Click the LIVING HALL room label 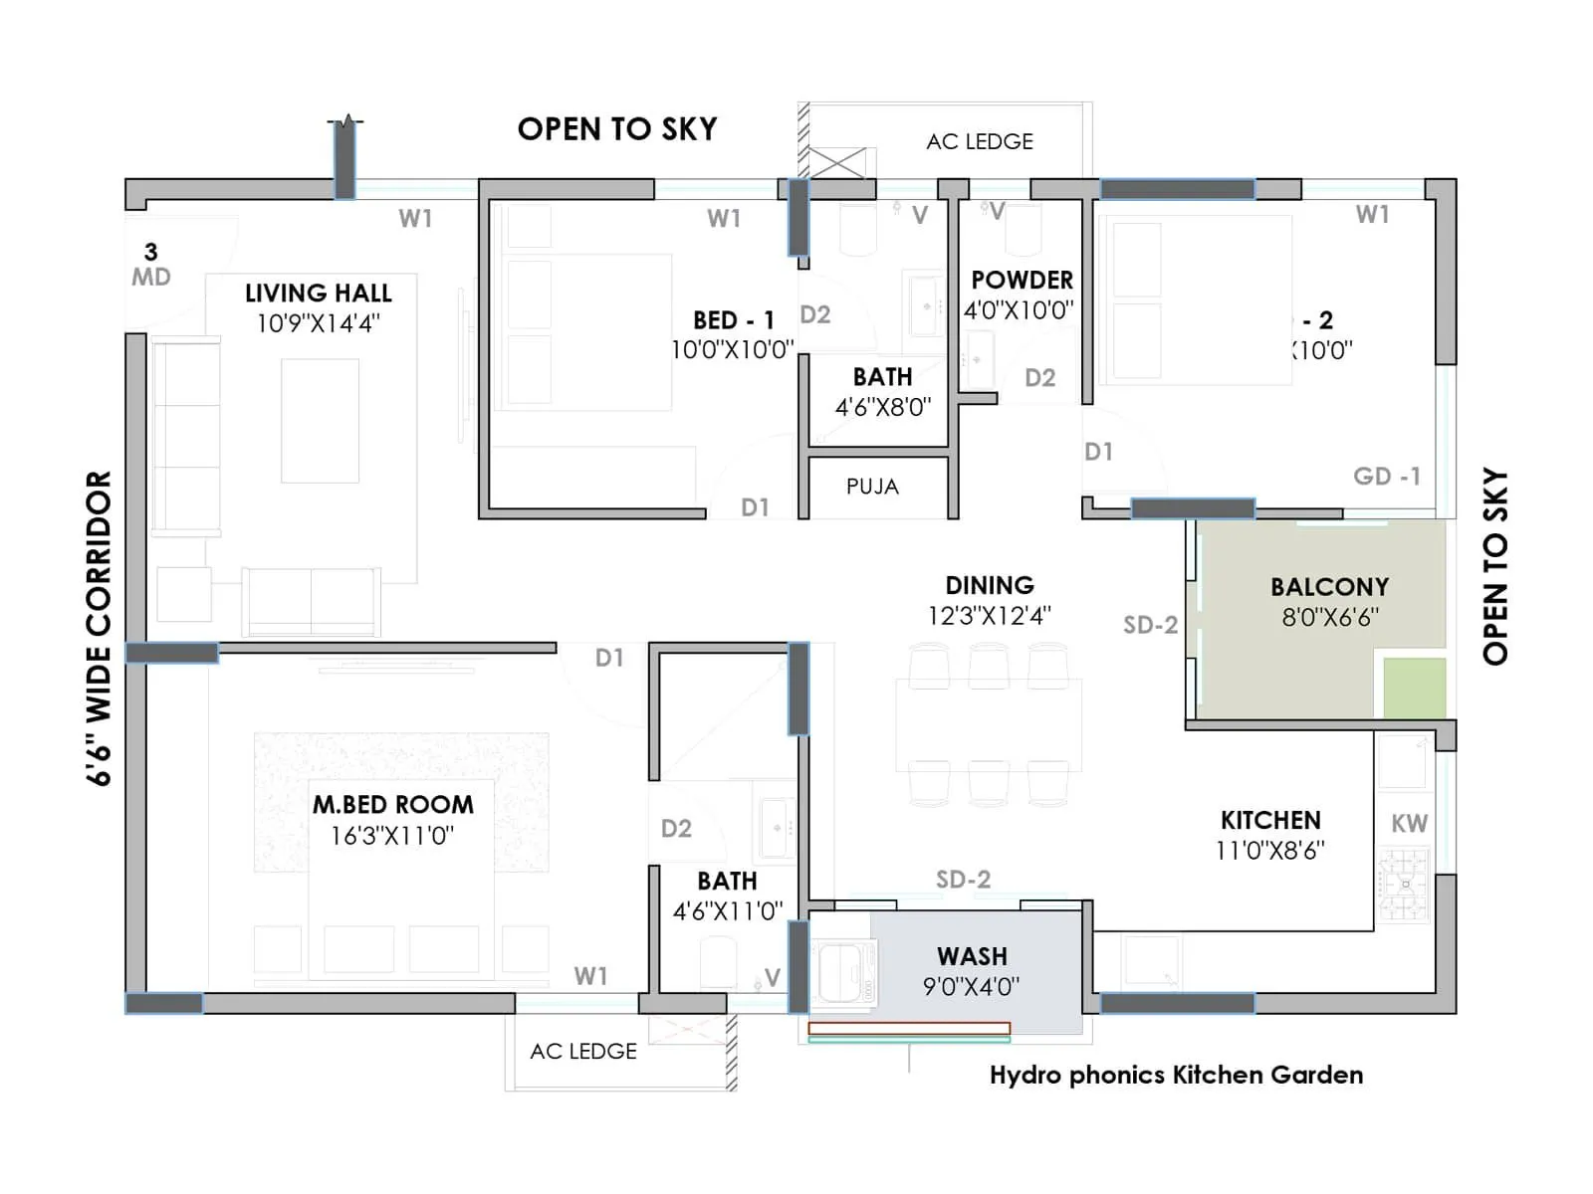319,293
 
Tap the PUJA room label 872,487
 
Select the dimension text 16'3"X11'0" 392,836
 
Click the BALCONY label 1329,587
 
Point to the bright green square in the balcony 1414,687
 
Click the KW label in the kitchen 1409,824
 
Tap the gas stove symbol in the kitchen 1404,884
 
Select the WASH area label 972,956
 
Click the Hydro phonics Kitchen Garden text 1176,1076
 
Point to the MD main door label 151,277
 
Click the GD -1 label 1386,477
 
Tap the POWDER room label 1022,281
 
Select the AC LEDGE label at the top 979,142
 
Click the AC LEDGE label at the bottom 583,1052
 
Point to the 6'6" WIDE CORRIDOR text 100,629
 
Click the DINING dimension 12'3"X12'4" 989,616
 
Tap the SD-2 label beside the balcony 1150,625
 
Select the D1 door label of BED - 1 755,507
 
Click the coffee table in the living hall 320,421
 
